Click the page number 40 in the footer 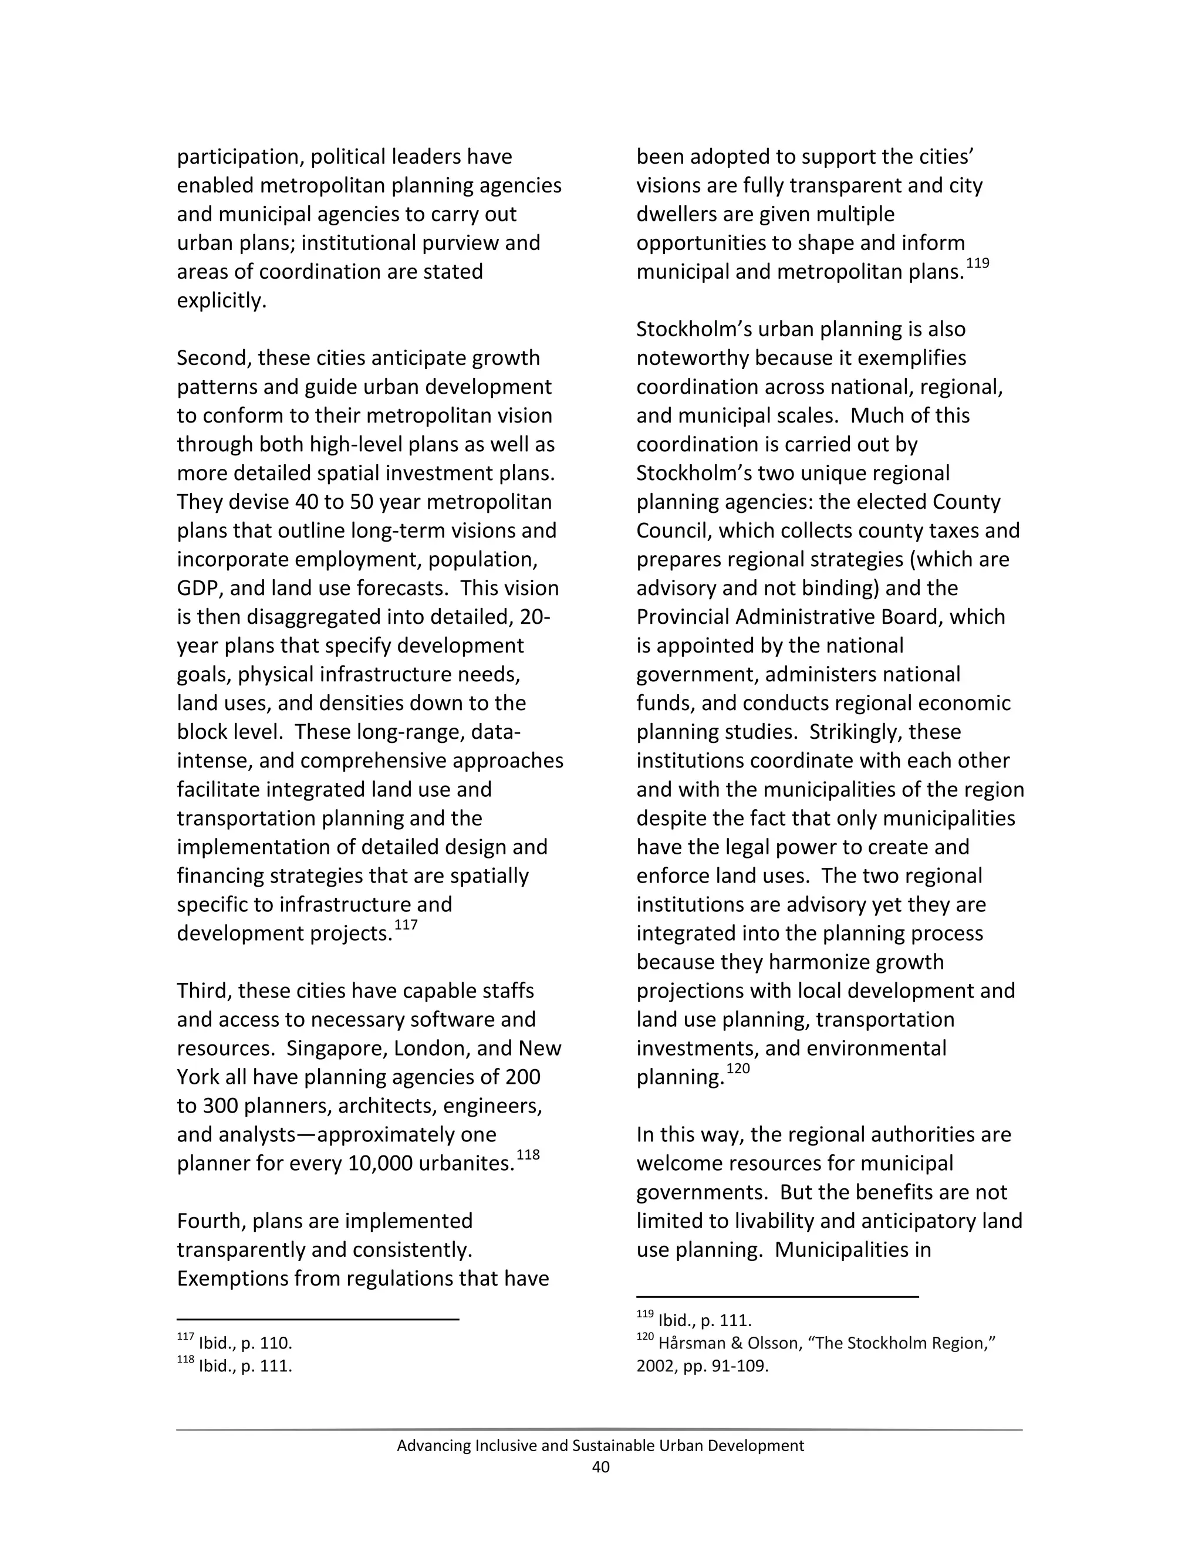(x=600, y=1467)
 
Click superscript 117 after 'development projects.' (x=406, y=925)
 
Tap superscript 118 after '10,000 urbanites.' (x=528, y=1155)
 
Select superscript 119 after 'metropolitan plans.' (x=977, y=263)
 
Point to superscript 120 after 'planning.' (x=738, y=1069)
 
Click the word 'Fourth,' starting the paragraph (x=211, y=1221)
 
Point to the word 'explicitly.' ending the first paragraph (x=221, y=300)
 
